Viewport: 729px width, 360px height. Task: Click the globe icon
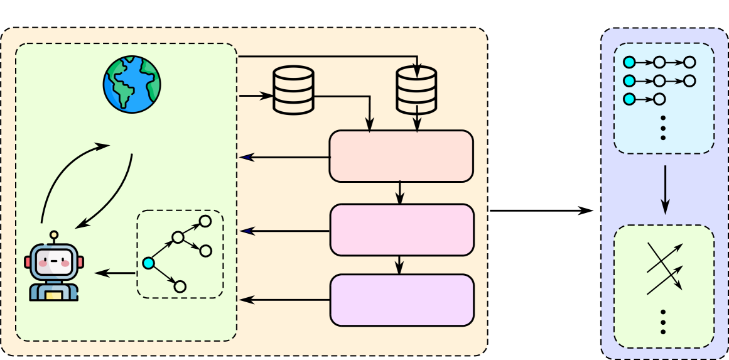point(132,84)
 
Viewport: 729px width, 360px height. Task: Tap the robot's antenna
point(54,236)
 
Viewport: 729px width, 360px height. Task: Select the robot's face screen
point(54,260)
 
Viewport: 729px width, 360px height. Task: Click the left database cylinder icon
point(293,90)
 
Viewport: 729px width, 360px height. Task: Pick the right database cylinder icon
point(416,90)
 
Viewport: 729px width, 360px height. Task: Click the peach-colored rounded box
point(401,156)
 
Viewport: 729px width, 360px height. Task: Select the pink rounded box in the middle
point(401,230)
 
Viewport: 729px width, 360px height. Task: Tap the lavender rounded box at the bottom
point(401,300)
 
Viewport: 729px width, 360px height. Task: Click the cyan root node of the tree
point(148,263)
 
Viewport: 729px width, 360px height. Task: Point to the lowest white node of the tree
point(180,286)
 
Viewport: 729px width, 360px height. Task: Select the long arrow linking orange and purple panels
point(540,210)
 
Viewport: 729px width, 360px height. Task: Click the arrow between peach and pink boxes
point(400,193)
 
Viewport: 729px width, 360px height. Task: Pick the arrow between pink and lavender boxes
point(399,265)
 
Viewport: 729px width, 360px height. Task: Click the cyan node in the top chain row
point(629,62)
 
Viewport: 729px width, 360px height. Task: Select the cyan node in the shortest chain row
point(629,99)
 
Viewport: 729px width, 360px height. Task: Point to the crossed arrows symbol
point(664,268)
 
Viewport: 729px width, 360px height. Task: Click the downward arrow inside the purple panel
point(665,189)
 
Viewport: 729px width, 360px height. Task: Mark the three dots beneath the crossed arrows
point(663,321)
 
